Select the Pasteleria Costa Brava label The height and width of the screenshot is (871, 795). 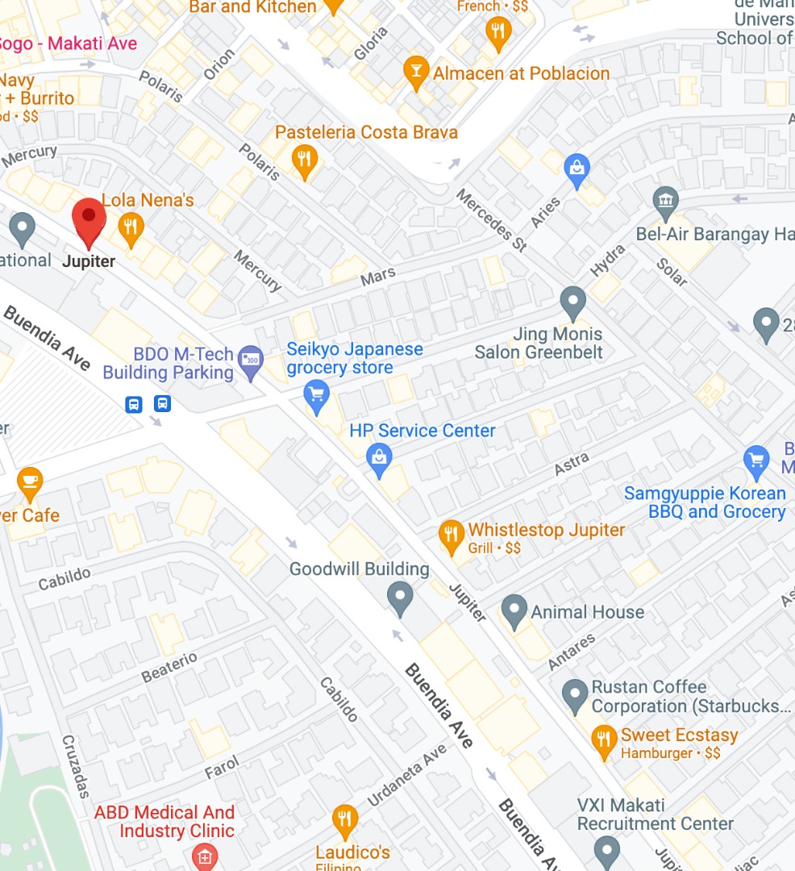pyautogui.click(x=366, y=132)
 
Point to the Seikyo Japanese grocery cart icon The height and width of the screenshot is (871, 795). pyautogui.click(x=315, y=395)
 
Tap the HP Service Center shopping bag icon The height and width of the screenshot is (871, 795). pyautogui.click(x=378, y=457)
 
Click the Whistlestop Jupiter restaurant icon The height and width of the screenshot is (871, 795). pyautogui.click(x=451, y=533)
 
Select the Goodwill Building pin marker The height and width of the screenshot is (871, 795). pyautogui.click(x=400, y=598)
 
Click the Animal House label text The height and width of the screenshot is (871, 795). pyautogui.click(x=587, y=612)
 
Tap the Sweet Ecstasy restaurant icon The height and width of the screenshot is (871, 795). pyautogui.click(x=603, y=738)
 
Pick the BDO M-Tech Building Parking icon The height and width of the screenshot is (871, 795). pyautogui.click(x=252, y=360)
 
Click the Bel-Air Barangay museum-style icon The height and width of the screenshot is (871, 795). pyautogui.click(x=666, y=202)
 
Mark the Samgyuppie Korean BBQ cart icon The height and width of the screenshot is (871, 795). pyautogui.click(x=756, y=460)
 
